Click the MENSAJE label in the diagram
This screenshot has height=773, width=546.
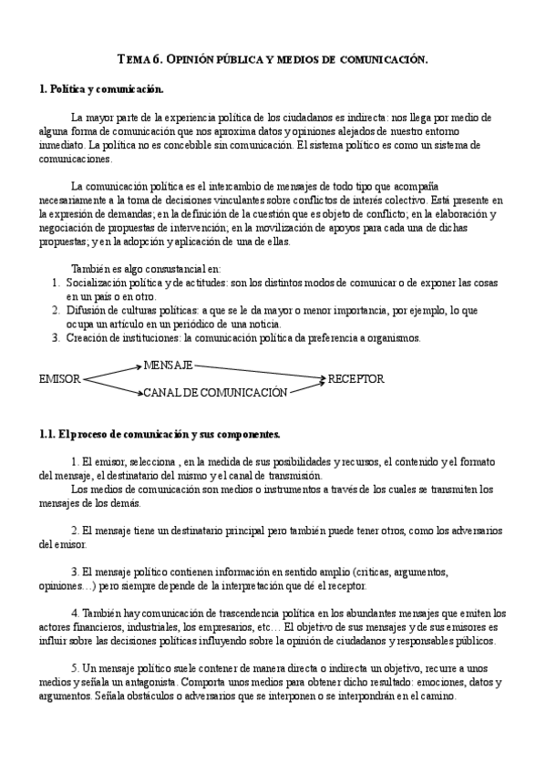(168, 365)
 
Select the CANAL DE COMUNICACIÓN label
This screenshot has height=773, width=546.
(215, 393)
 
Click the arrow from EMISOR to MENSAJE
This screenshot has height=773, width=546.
(111, 371)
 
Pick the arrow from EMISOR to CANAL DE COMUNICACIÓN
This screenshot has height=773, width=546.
(111, 386)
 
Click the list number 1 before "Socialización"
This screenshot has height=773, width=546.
(57, 283)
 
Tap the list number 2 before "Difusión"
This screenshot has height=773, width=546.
(57, 310)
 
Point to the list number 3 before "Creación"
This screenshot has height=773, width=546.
(57, 337)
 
